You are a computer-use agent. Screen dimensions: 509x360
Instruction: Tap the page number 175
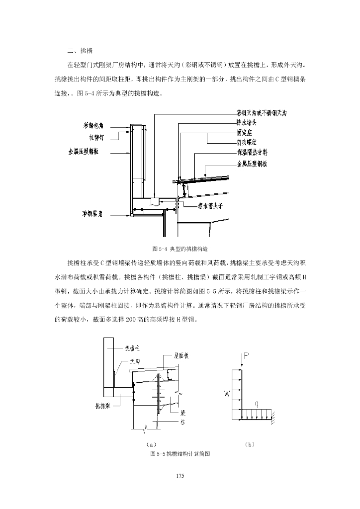(x=180, y=476)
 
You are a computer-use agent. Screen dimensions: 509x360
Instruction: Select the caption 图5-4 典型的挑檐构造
(x=180, y=248)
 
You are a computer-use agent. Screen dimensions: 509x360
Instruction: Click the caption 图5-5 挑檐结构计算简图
(x=180, y=454)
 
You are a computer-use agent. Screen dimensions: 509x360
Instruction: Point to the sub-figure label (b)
(x=250, y=443)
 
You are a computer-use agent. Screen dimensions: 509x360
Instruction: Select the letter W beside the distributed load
(x=227, y=394)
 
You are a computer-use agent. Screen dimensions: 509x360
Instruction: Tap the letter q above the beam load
(x=257, y=404)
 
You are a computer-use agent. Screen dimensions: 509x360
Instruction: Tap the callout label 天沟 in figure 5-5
(x=135, y=361)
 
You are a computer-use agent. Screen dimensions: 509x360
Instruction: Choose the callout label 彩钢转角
(x=92, y=214)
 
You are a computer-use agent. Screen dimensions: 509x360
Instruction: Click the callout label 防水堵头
(x=247, y=122)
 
